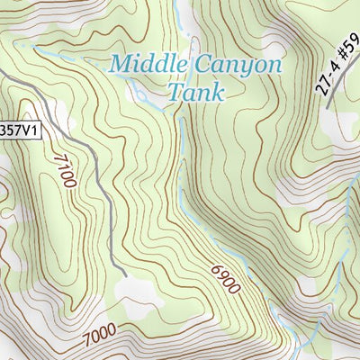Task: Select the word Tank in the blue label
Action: pos(195,92)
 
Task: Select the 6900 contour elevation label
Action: pos(226,280)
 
